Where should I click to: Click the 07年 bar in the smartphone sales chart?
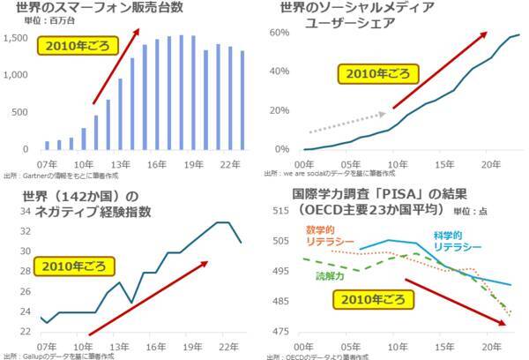click(48, 145)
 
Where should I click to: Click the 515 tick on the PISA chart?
click(283, 210)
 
